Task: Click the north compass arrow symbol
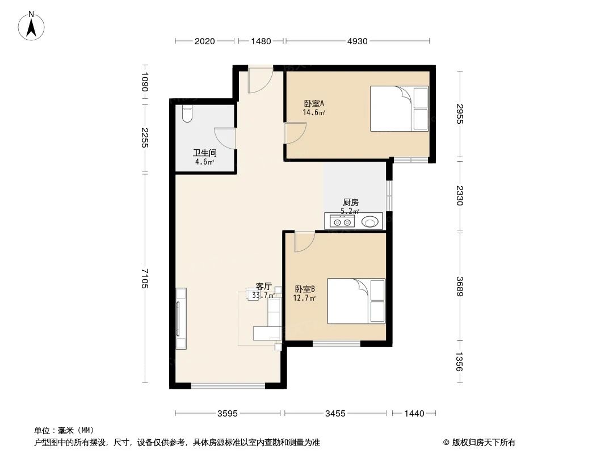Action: [x=33, y=26]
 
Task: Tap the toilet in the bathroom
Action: [x=188, y=115]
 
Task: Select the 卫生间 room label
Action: [x=204, y=153]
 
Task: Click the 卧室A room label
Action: [x=314, y=104]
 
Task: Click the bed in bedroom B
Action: [x=356, y=301]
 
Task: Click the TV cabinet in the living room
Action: [x=181, y=318]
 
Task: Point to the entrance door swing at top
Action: [x=261, y=81]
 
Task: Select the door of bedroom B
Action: [x=304, y=242]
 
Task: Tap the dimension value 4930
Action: [x=357, y=41]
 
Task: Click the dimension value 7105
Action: [x=145, y=278]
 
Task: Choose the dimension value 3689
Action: [x=460, y=287]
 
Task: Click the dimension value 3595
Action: [x=228, y=414]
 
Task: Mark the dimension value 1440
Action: [x=414, y=414]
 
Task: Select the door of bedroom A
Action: [x=295, y=133]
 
